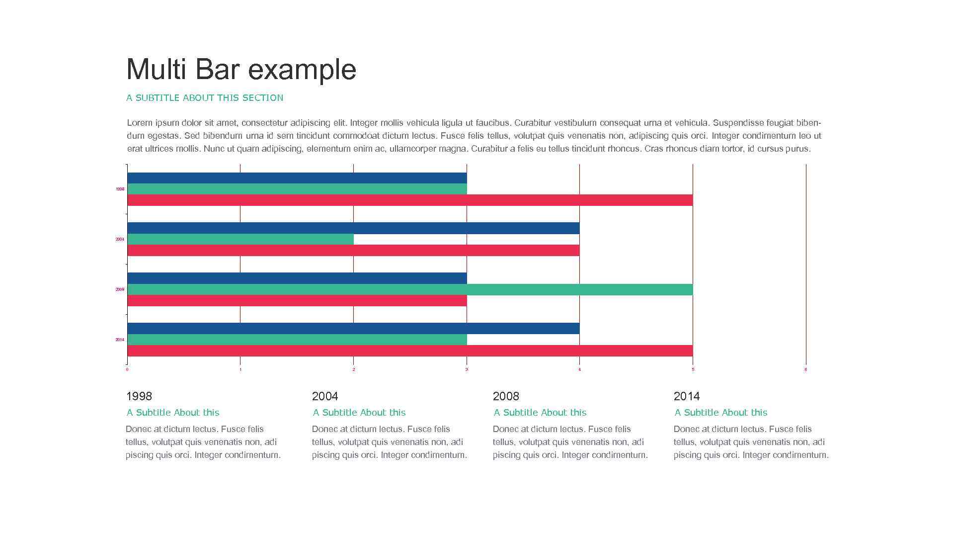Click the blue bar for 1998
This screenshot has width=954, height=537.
297,178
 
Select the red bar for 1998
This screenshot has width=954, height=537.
410,200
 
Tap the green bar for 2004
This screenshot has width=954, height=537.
240,239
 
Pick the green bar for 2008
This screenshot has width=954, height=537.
410,289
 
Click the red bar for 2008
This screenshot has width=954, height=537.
297,301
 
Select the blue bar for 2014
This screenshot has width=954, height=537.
353,328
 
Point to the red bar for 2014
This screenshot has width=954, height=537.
410,351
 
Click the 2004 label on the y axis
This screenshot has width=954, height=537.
120,240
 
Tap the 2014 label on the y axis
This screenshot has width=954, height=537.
120,340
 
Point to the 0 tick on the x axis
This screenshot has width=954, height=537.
127,369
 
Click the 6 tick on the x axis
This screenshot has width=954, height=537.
805,369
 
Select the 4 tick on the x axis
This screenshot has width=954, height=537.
579,369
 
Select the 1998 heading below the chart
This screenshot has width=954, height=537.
139,396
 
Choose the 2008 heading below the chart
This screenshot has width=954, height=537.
506,396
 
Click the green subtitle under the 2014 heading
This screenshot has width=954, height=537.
720,413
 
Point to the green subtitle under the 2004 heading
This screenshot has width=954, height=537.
359,413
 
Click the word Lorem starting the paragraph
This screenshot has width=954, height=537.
140,123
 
